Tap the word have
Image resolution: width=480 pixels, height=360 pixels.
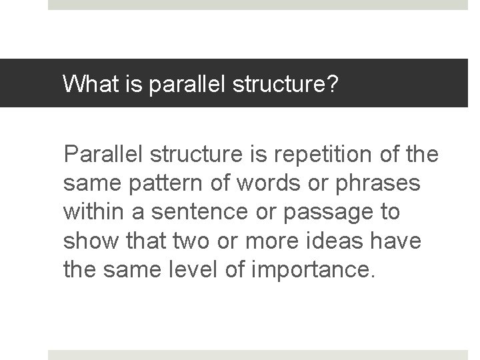[397, 241]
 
